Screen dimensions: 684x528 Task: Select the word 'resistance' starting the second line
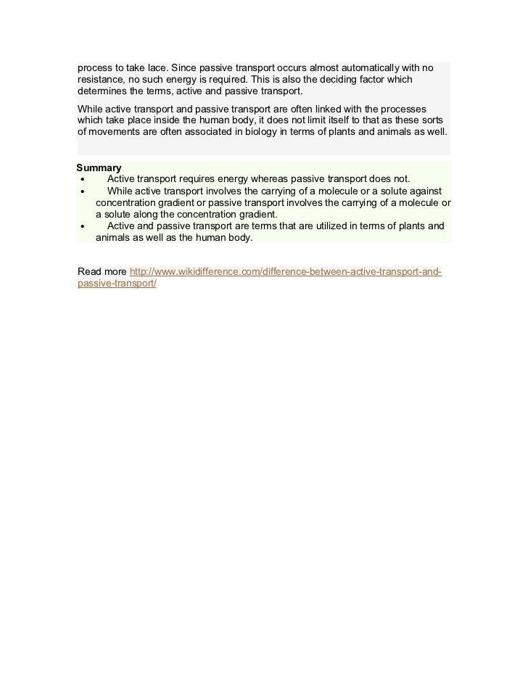click(102, 79)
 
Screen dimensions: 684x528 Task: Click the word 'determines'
click(104, 91)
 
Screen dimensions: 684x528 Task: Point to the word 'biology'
click(266, 132)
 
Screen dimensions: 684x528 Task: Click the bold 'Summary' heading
click(99, 168)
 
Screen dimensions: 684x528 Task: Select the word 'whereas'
click(269, 179)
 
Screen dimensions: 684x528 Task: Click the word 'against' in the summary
click(425, 191)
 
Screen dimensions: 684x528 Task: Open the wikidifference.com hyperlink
click(285, 272)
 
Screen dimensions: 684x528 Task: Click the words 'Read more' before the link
click(102, 272)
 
